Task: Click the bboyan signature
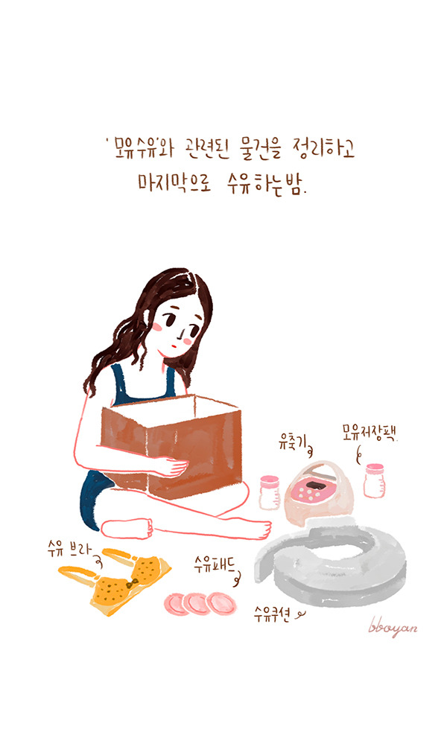click(x=393, y=628)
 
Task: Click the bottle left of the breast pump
click(x=267, y=492)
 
